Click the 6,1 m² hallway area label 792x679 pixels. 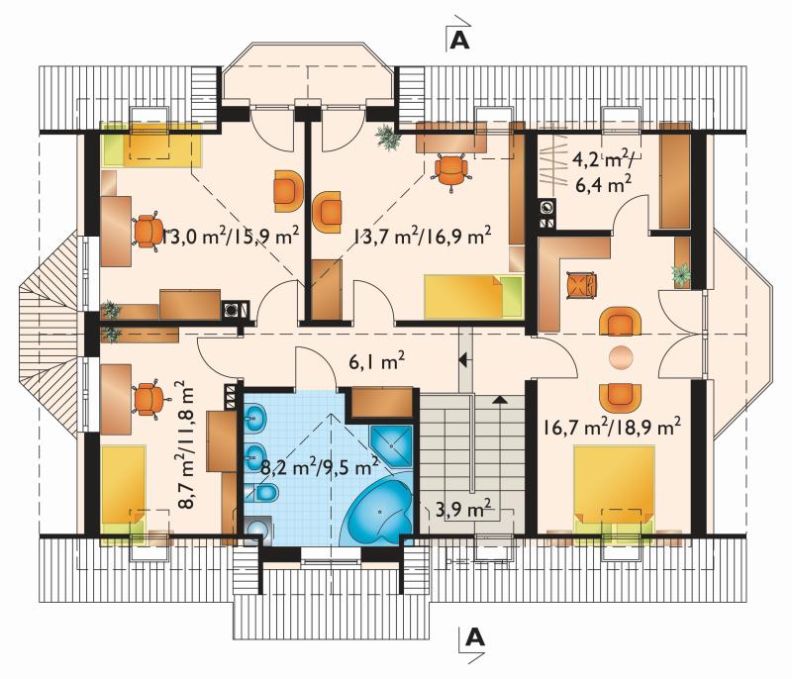pos(377,362)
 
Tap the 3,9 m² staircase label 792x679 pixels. pos(463,509)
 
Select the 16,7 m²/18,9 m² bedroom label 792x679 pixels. pos(612,427)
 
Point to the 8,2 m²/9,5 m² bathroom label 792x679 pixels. pos(320,466)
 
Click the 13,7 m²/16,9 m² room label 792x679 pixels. pos(423,236)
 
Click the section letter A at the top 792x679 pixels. pos(459,41)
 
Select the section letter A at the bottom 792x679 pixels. pos(475,638)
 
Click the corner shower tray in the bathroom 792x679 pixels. pos(391,445)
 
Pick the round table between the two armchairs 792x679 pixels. pos(621,357)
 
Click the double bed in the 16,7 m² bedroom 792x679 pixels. pos(614,494)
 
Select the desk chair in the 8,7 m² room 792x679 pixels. pos(147,399)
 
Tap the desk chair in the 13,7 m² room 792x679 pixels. pos(451,170)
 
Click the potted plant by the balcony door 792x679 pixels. pos(389,137)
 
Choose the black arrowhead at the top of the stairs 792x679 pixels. pos(500,400)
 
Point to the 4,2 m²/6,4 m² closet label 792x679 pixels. pos(604,172)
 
